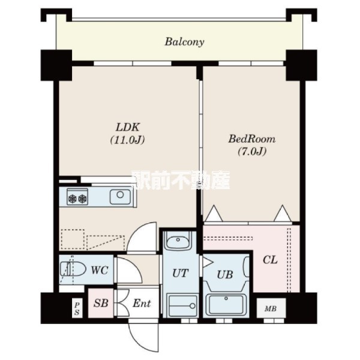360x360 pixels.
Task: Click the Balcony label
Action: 184,42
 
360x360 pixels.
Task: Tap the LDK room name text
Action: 128,127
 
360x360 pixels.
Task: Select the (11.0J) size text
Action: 128,140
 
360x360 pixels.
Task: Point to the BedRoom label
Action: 252,139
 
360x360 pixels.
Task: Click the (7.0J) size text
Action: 252,152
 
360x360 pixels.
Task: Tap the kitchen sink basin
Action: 120,197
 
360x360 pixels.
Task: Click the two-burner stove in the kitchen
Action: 77,197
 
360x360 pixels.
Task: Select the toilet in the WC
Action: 73,269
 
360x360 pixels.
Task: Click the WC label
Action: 99,270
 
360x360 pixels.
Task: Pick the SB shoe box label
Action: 101,303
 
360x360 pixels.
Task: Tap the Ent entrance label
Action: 142,304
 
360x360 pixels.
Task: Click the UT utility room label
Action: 181,273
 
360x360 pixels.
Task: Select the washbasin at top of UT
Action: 178,241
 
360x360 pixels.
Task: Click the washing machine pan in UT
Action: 182,305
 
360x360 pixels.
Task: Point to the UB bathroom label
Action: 225,275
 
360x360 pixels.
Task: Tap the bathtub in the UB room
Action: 226,305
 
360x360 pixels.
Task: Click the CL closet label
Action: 270,260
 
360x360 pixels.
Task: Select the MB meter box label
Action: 271,309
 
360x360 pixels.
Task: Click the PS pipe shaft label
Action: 77,308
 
